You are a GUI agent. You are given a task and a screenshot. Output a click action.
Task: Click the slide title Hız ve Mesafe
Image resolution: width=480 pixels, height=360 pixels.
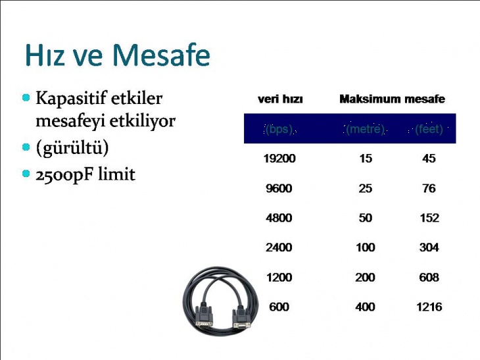tap(117, 56)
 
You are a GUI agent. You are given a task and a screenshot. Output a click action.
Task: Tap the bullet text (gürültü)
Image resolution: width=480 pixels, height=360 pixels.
tap(72, 148)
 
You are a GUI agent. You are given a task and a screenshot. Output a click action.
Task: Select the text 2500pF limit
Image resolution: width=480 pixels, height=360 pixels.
tap(85, 174)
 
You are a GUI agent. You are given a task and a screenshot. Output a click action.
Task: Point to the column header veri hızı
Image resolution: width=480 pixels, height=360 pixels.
tap(280, 99)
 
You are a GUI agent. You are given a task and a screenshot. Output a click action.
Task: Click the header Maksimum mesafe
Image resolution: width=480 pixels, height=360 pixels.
tap(392, 99)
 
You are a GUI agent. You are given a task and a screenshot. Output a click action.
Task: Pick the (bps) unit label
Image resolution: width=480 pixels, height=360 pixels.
tap(279, 129)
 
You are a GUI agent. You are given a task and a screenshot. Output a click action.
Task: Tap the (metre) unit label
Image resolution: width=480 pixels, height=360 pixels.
tap(365, 129)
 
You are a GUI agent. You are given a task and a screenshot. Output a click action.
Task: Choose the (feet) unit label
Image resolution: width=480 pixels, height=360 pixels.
tap(429, 129)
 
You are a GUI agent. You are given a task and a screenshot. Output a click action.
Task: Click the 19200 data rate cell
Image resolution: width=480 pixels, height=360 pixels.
tap(279, 159)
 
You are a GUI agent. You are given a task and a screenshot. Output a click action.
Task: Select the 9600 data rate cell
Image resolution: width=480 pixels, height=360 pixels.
tap(279, 188)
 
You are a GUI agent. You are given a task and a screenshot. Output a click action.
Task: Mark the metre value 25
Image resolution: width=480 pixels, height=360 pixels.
tap(365, 188)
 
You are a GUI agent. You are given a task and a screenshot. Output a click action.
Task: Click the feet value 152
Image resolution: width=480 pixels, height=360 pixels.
tap(429, 218)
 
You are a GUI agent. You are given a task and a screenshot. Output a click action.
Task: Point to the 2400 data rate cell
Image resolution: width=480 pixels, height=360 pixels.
tap(279, 247)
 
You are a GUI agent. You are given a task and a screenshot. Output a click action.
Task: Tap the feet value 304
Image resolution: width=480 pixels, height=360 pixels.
tap(429, 247)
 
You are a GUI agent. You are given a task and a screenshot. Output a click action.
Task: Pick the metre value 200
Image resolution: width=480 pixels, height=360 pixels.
tap(365, 277)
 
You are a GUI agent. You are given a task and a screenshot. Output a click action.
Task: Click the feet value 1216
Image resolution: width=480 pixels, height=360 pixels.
tap(429, 307)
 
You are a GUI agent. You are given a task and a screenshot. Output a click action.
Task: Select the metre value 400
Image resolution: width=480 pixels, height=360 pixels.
tap(365, 307)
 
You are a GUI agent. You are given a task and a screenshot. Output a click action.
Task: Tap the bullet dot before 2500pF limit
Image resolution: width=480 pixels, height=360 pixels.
tap(26, 174)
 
